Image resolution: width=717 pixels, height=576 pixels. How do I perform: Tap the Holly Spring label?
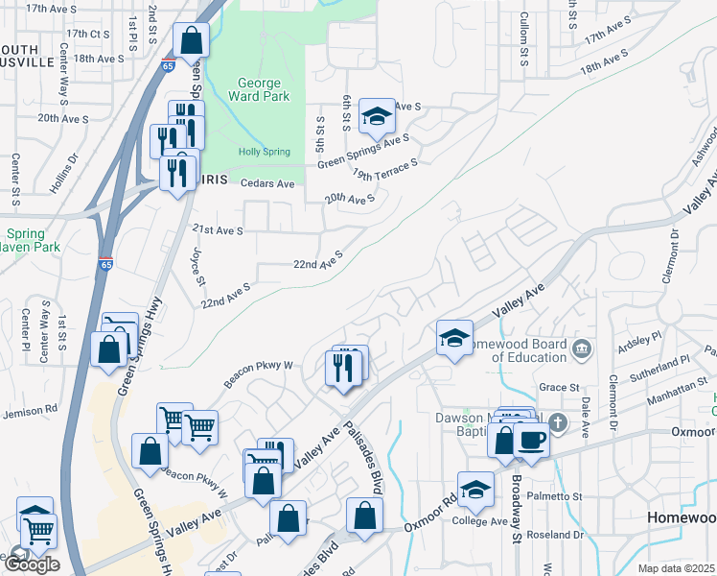(263, 151)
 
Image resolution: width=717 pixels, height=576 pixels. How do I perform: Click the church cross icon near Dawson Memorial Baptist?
(557, 423)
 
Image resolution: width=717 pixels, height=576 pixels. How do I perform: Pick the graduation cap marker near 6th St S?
(377, 117)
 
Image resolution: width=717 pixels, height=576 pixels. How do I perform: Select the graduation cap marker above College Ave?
(475, 490)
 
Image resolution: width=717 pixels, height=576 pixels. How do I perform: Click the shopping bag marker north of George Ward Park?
(191, 41)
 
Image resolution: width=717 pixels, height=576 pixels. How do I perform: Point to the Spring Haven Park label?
(32, 240)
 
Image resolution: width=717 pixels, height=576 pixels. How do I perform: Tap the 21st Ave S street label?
(218, 230)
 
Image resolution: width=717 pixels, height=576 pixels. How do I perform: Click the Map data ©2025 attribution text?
(677, 568)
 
